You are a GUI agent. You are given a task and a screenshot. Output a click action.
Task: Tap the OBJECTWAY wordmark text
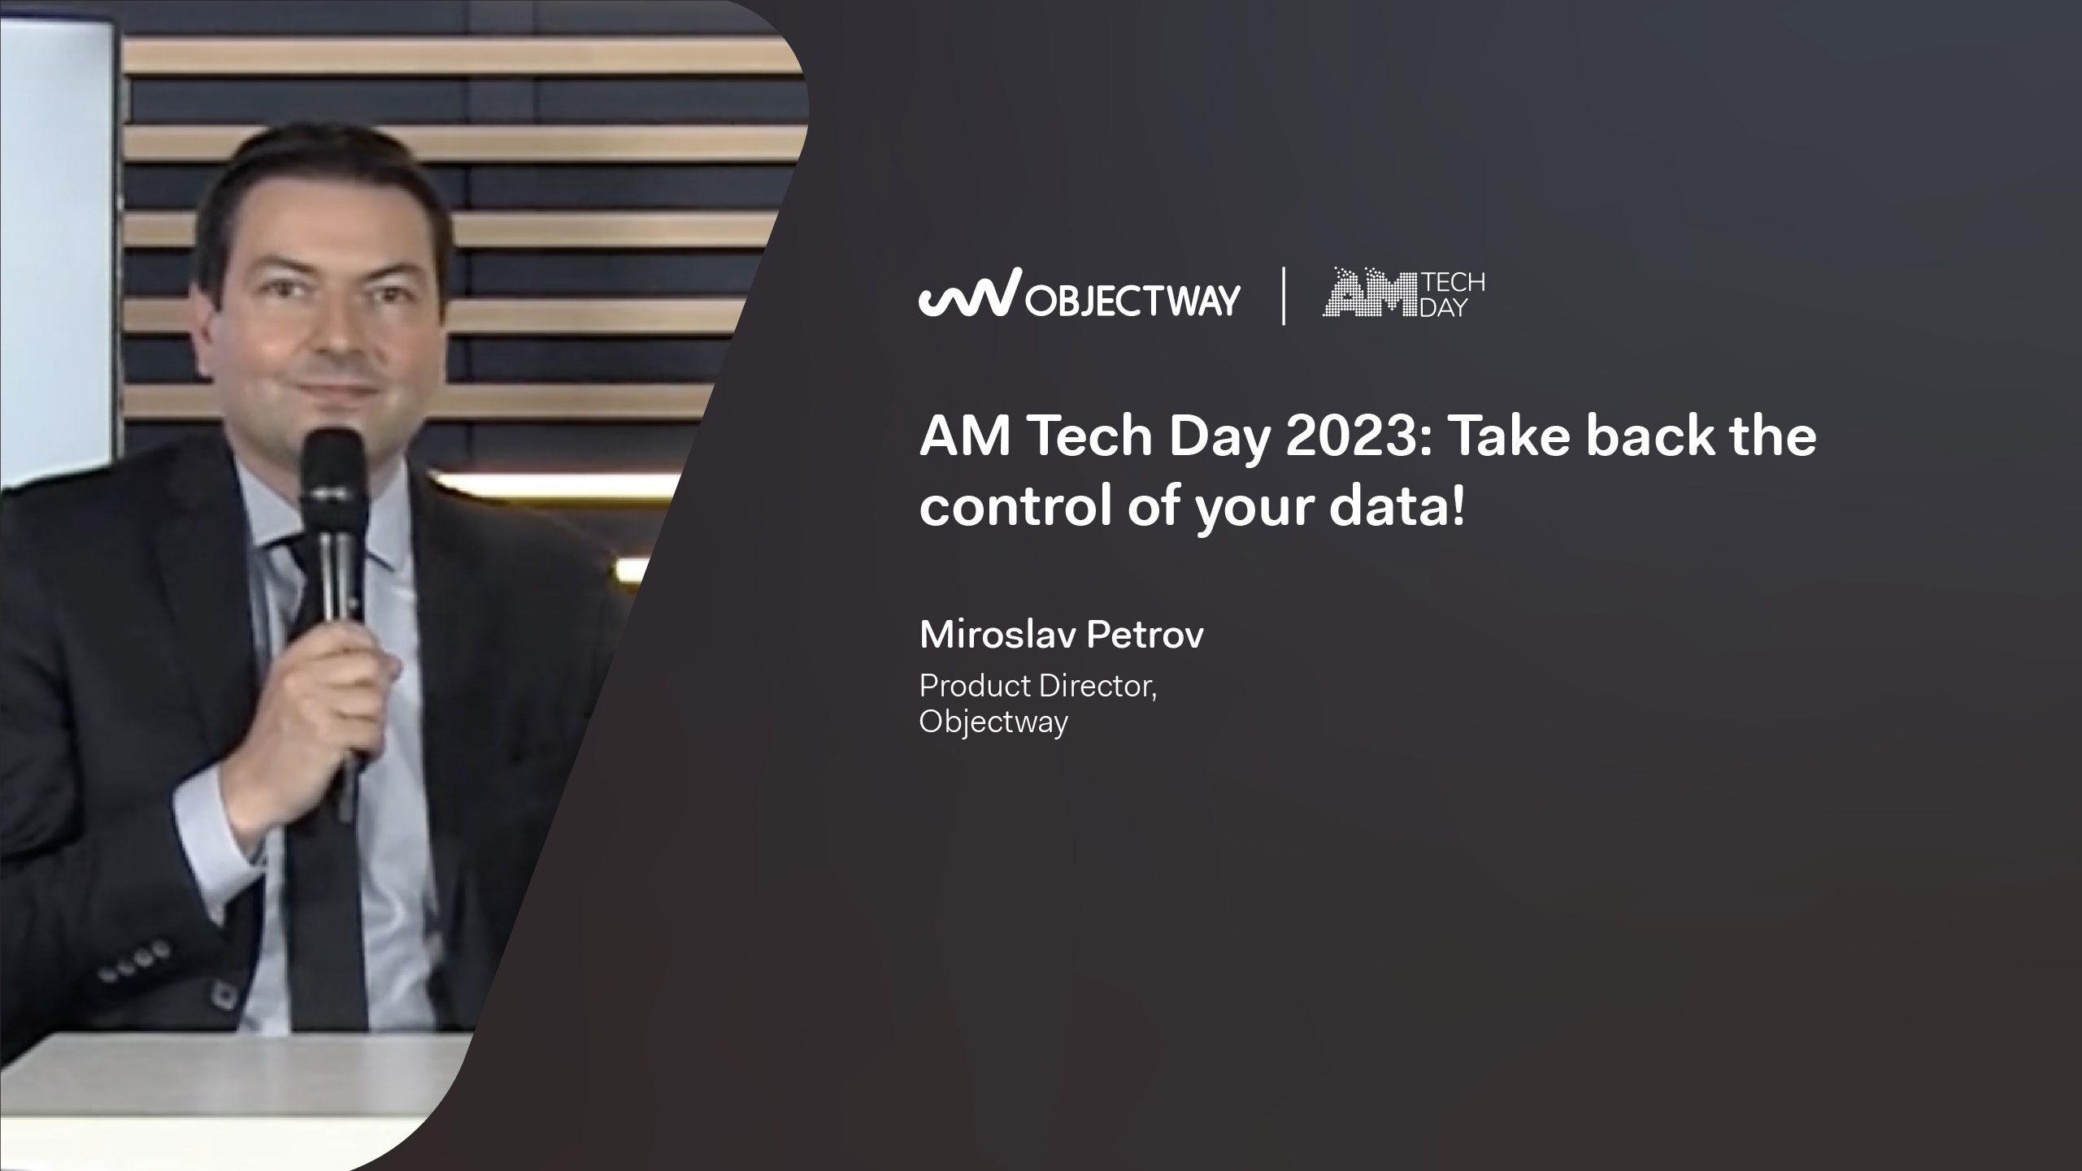point(1133,298)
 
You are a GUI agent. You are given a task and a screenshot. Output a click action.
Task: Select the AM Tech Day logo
point(1404,294)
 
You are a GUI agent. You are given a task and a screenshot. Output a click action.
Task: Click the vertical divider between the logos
point(1284,296)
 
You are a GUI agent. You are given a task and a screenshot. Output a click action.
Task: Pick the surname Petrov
point(1145,635)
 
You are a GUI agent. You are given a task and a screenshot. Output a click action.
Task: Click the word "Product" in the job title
point(976,687)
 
